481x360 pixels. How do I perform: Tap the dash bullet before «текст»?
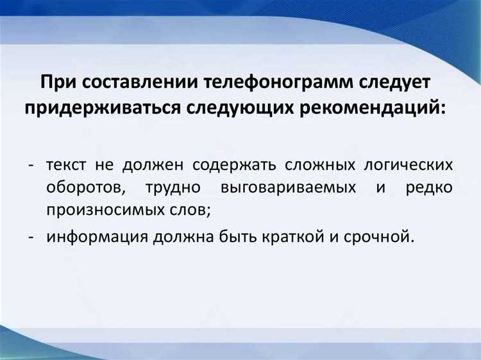click(31, 165)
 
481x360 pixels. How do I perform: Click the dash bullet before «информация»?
click(31, 237)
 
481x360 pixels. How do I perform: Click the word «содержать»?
click(237, 164)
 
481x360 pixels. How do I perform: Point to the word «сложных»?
click(325, 164)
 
